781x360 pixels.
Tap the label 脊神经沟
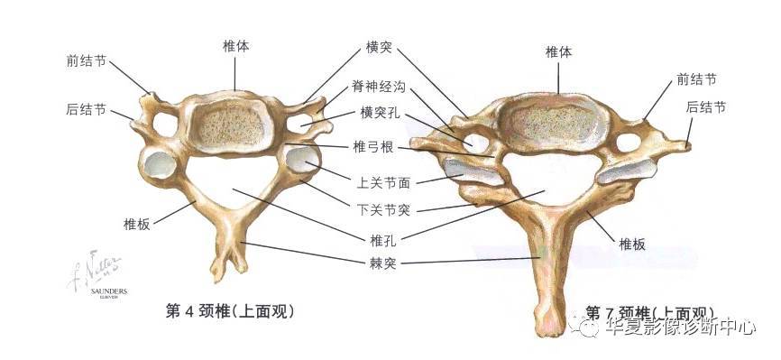click(379, 88)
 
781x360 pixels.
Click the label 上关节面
click(385, 182)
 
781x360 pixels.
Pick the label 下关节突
click(385, 210)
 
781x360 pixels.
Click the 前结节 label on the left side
click(87, 61)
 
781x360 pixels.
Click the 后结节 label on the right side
click(705, 106)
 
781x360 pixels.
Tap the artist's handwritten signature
click(94, 267)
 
